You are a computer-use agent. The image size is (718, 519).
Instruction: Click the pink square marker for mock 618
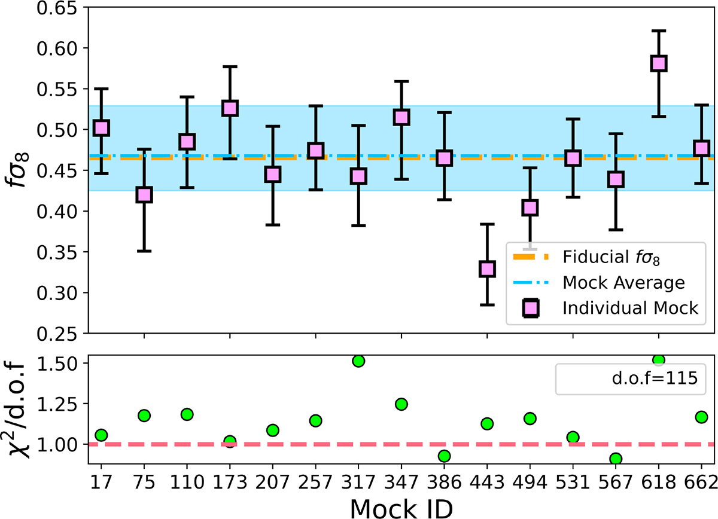[x=659, y=63]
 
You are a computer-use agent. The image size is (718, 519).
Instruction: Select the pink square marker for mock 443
[x=487, y=269]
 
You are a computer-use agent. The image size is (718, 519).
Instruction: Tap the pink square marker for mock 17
[x=101, y=128]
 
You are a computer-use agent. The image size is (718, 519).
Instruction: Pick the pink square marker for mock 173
[x=230, y=108]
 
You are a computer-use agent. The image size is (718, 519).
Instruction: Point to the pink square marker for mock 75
[x=144, y=195]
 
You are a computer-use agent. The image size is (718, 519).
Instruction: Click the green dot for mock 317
[x=358, y=361]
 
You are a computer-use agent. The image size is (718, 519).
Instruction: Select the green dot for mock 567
[x=616, y=459]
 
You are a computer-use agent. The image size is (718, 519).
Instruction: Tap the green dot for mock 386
[x=444, y=456]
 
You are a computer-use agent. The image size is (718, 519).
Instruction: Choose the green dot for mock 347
[x=401, y=404]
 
